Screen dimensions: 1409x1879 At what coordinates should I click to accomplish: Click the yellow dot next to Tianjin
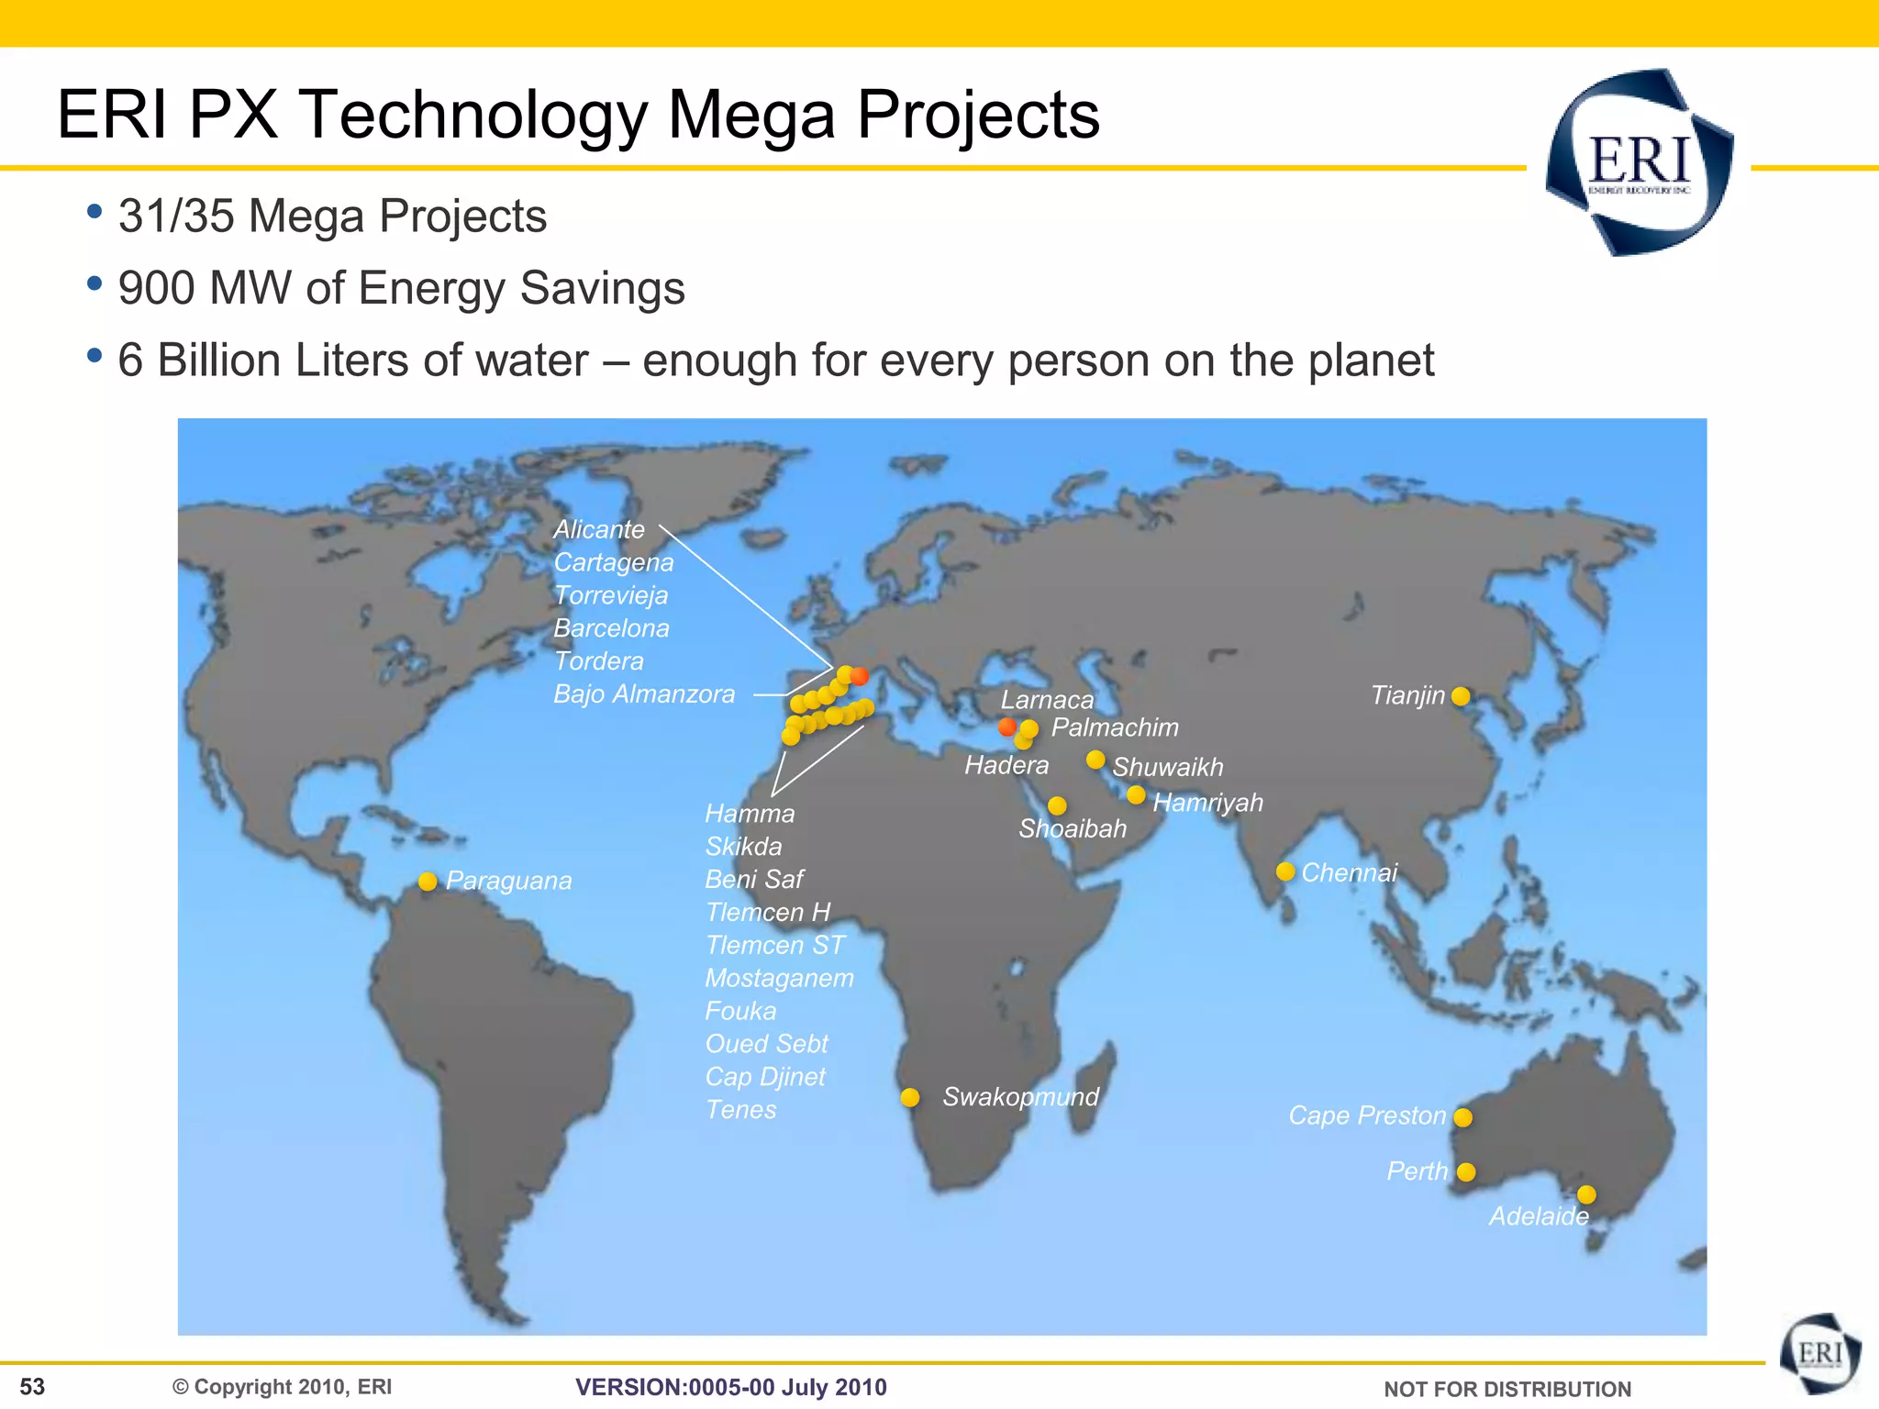coord(1461,696)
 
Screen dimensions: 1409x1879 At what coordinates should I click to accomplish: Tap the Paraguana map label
coord(508,881)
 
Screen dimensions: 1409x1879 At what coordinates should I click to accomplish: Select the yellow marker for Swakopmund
coord(910,1098)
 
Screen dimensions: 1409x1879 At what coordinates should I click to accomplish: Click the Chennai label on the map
coord(1349,872)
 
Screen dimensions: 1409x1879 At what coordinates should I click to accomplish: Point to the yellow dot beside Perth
coord(1466,1172)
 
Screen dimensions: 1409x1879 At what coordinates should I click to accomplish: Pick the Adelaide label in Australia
coord(1539,1216)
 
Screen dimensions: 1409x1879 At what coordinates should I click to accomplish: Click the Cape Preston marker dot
coord(1463,1117)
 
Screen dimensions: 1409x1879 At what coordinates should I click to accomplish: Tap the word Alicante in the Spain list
coord(599,529)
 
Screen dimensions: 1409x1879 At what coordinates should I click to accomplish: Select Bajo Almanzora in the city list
coord(644,694)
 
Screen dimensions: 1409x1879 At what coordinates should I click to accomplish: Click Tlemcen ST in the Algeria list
coord(774,945)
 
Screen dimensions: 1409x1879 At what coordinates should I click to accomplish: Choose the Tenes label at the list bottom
coord(740,1110)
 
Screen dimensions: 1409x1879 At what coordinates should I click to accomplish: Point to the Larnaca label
coord(1047,700)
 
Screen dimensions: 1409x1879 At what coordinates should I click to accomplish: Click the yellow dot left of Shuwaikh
coord(1095,760)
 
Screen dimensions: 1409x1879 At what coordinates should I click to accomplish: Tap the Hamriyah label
coord(1207,803)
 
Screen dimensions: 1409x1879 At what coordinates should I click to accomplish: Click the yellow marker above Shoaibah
coord(1057,805)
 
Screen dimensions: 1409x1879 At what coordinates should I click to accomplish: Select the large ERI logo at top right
coord(1639,162)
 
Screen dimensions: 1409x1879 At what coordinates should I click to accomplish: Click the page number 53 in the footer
coord(32,1387)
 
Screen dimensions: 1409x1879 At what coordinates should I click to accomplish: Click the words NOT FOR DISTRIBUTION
coord(1507,1389)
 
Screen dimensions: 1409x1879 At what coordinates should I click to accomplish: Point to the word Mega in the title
coord(751,116)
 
